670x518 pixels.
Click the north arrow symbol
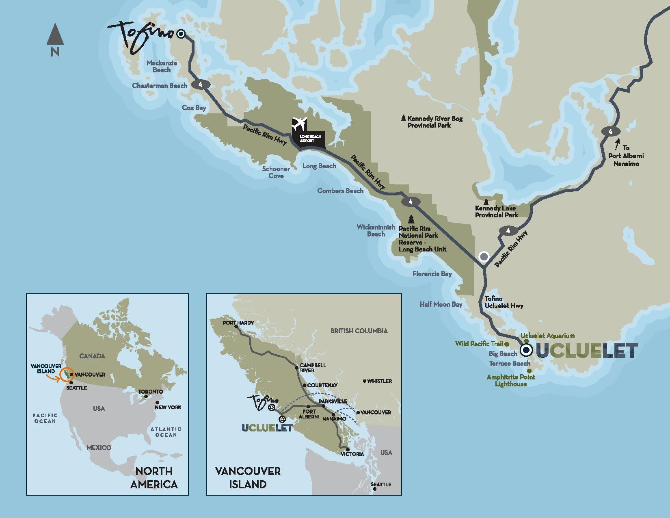pyautogui.click(x=55, y=35)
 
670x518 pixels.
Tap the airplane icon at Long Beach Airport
pyautogui.click(x=300, y=122)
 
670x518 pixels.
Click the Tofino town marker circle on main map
pyautogui.click(x=181, y=34)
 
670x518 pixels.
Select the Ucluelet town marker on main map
pyautogui.click(x=527, y=350)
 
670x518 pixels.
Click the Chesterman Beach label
pyautogui.click(x=160, y=86)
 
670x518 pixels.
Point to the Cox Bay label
pyautogui.click(x=194, y=108)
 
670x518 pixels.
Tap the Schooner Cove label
pyautogui.click(x=276, y=172)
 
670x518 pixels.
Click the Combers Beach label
pyautogui.click(x=340, y=191)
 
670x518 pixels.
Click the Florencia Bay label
pyautogui.click(x=432, y=274)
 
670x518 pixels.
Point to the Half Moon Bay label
pyautogui.click(x=441, y=304)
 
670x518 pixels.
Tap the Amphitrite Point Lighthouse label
pyautogui.click(x=511, y=380)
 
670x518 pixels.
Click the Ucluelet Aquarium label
pyautogui.click(x=547, y=336)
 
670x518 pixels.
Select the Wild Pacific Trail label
pyautogui.click(x=479, y=344)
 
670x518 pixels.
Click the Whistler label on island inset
pyautogui.click(x=379, y=381)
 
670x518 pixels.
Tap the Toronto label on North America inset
pyautogui.click(x=151, y=392)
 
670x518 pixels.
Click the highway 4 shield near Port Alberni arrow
pyautogui.click(x=610, y=132)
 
